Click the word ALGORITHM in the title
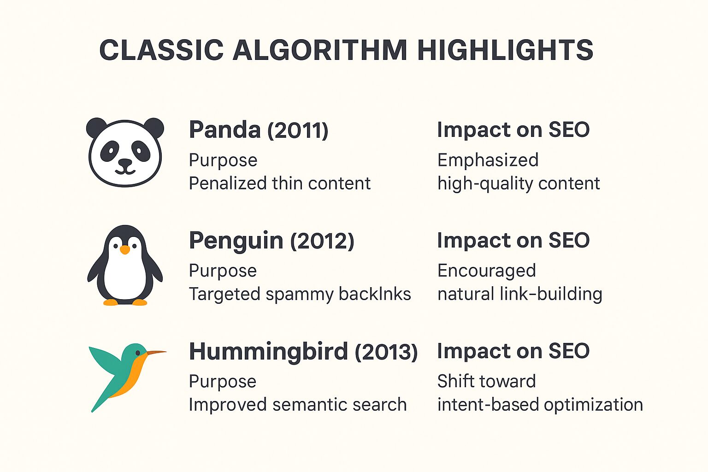click(x=320, y=50)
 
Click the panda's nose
click(x=125, y=162)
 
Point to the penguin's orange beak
click(x=125, y=250)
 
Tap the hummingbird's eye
click(x=138, y=353)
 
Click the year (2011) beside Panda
click(x=298, y=130)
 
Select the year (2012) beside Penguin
click(x=322, y=241)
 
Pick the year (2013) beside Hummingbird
click(x=386, y=352)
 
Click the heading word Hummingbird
click(x=268, y=352)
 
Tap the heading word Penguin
click(x=236, y=241)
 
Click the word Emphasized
click(x=488, y=160)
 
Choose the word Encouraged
click(x=486, y=271)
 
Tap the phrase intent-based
click(x=488, y=405)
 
